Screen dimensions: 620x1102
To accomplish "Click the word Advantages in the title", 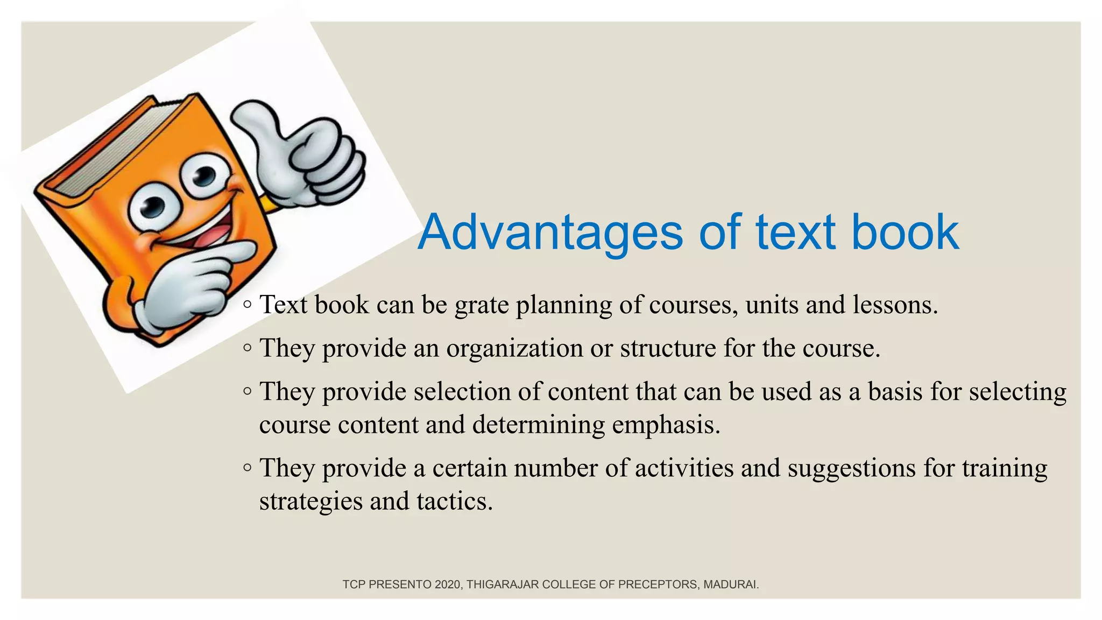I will tap(550, 232).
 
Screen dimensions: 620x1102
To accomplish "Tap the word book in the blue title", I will tap(905, 232).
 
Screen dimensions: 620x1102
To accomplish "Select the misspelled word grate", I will tap(482, 305).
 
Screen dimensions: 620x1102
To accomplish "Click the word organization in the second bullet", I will tap(514, 348).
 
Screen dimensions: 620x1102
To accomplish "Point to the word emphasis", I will tap(666, 425).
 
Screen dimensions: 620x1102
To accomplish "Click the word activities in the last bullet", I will tap(684, 468).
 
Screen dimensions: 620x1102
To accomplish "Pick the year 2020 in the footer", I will tap(448, 584).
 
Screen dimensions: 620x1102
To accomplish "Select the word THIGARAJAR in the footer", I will tap(502, 584).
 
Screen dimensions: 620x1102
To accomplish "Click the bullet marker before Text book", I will tap(247, 305).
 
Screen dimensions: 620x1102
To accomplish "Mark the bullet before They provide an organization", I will tap(247, 348).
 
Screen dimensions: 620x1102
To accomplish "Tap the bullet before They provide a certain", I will tap(247, 467).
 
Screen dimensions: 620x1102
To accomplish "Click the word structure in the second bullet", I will tap(668, 348).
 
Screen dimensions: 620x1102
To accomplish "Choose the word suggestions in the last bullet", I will tap(852, 468).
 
